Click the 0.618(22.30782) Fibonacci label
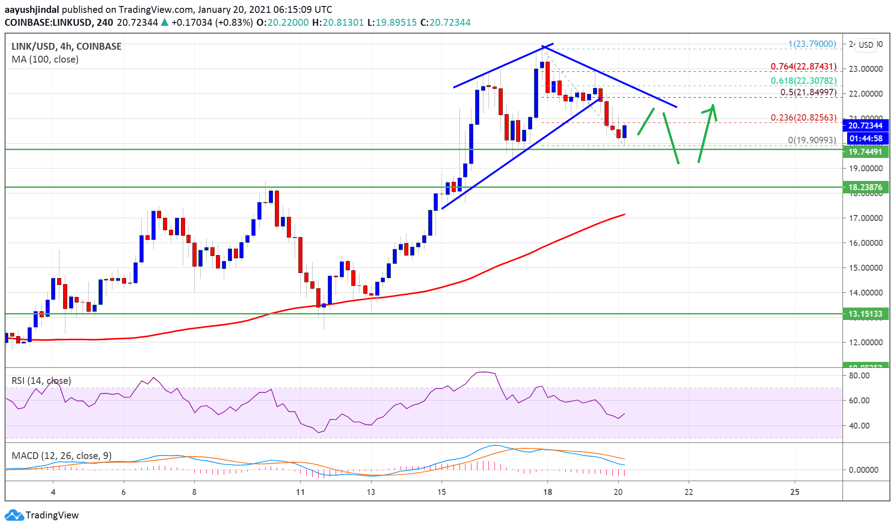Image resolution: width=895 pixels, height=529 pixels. point(803,81)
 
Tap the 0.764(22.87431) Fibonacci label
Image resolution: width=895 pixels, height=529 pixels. point(803,66)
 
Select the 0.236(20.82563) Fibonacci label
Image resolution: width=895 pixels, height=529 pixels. point(803,117)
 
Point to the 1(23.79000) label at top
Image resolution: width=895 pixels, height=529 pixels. point(812,44)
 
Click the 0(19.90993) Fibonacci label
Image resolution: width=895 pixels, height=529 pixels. point(812,140)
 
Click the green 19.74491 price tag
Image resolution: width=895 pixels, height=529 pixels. point(865,152)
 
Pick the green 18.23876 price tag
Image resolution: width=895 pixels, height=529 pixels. point(865,187)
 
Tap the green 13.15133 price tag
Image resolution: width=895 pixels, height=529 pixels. point(865,314)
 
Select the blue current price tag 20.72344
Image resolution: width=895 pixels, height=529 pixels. point(865,125)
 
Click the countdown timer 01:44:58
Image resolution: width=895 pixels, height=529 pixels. point(865,138)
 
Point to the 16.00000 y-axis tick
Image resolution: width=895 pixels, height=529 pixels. point(865,243)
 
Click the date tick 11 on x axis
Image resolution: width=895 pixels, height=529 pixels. point(300,492)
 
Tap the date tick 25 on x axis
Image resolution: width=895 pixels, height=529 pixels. point(795,492)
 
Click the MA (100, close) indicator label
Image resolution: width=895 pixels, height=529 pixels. point(45,59)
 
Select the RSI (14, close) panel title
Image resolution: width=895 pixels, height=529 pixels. point(41,381)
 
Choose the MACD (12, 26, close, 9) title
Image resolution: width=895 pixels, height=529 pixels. point(61,456)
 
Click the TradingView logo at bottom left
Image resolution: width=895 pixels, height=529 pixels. point(42,515)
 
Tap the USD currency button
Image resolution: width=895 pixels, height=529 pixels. point(866,45)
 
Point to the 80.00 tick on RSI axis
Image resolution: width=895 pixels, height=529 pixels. point(859,375)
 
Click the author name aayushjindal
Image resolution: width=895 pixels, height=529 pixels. point(32,9)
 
